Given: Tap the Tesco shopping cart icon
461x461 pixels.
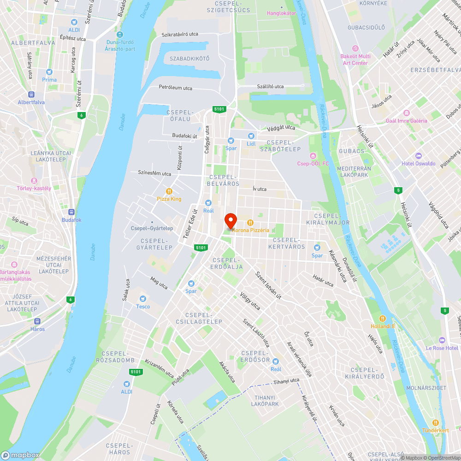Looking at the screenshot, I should coord(142,299).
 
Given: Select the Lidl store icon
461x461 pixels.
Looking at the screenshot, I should coord(251,136).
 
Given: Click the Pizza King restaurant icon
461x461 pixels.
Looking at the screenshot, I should coord(169,191).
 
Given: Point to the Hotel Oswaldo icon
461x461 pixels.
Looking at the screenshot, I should coord(418,156).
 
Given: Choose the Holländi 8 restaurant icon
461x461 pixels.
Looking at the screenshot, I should coord(383,319).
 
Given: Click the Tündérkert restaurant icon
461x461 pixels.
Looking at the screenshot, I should coord(435,423).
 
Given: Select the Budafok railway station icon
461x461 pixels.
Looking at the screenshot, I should coord(71,212).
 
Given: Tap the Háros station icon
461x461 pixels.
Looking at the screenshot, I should coord(37,321).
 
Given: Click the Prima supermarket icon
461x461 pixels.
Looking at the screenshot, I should coord(49,72).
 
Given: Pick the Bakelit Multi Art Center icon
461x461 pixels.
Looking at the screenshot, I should coord(355,48).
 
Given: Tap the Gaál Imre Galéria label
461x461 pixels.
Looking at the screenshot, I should coord(406,121).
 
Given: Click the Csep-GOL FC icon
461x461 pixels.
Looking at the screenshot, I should coord(313,155).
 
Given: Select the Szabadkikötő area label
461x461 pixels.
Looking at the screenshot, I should coord(189,59).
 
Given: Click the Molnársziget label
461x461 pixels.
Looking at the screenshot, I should coord(426,388).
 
